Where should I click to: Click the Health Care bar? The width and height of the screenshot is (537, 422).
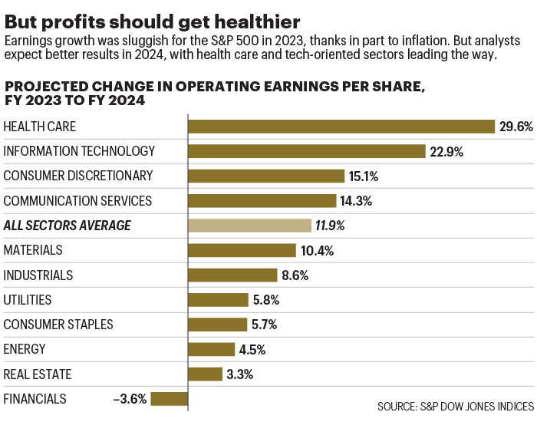[341, 127]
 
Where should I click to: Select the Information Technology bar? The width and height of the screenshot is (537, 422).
[307, 151]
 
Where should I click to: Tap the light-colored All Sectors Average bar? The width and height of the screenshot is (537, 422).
[249, 226]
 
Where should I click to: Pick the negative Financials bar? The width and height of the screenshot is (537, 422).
[170, 399]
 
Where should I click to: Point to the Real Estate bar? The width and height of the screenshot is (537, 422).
[206, 374]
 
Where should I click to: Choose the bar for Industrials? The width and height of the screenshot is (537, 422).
[232, 275]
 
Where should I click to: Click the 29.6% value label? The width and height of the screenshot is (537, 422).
[516, 127]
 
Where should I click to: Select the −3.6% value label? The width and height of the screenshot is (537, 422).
[130, 399]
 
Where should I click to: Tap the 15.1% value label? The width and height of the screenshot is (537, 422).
[364, 176]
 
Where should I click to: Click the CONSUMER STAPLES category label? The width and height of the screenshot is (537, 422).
[58, 325]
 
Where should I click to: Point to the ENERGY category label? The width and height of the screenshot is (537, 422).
[25, 349]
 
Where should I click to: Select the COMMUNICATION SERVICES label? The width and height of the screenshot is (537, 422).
[78, 201]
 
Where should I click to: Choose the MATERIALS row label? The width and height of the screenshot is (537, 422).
[33, 250]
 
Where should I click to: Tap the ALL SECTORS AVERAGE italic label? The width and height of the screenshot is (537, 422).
[68, 226]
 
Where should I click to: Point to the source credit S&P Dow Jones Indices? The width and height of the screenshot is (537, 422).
[456, 405]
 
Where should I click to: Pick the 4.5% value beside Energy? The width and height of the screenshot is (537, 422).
[252, 349]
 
